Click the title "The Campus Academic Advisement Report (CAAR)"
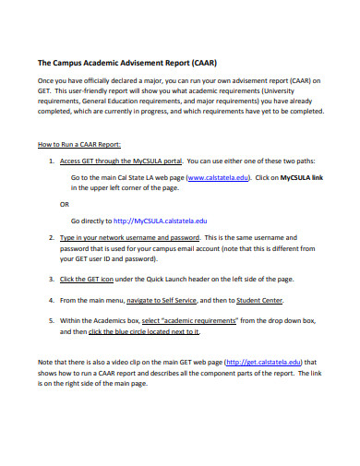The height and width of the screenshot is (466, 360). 127,64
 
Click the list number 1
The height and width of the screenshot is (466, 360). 50,160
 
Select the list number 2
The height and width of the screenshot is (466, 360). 50,237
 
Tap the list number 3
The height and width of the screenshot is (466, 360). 50,278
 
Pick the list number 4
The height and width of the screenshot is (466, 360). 50,301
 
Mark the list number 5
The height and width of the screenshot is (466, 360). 50,319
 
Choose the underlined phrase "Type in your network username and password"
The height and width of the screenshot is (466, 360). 124,237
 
